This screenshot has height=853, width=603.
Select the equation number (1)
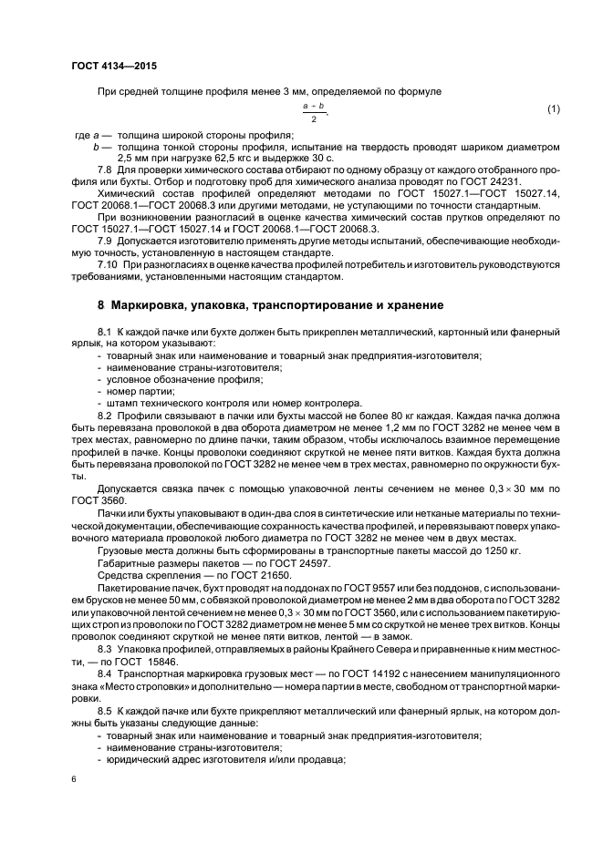pos(553,110)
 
